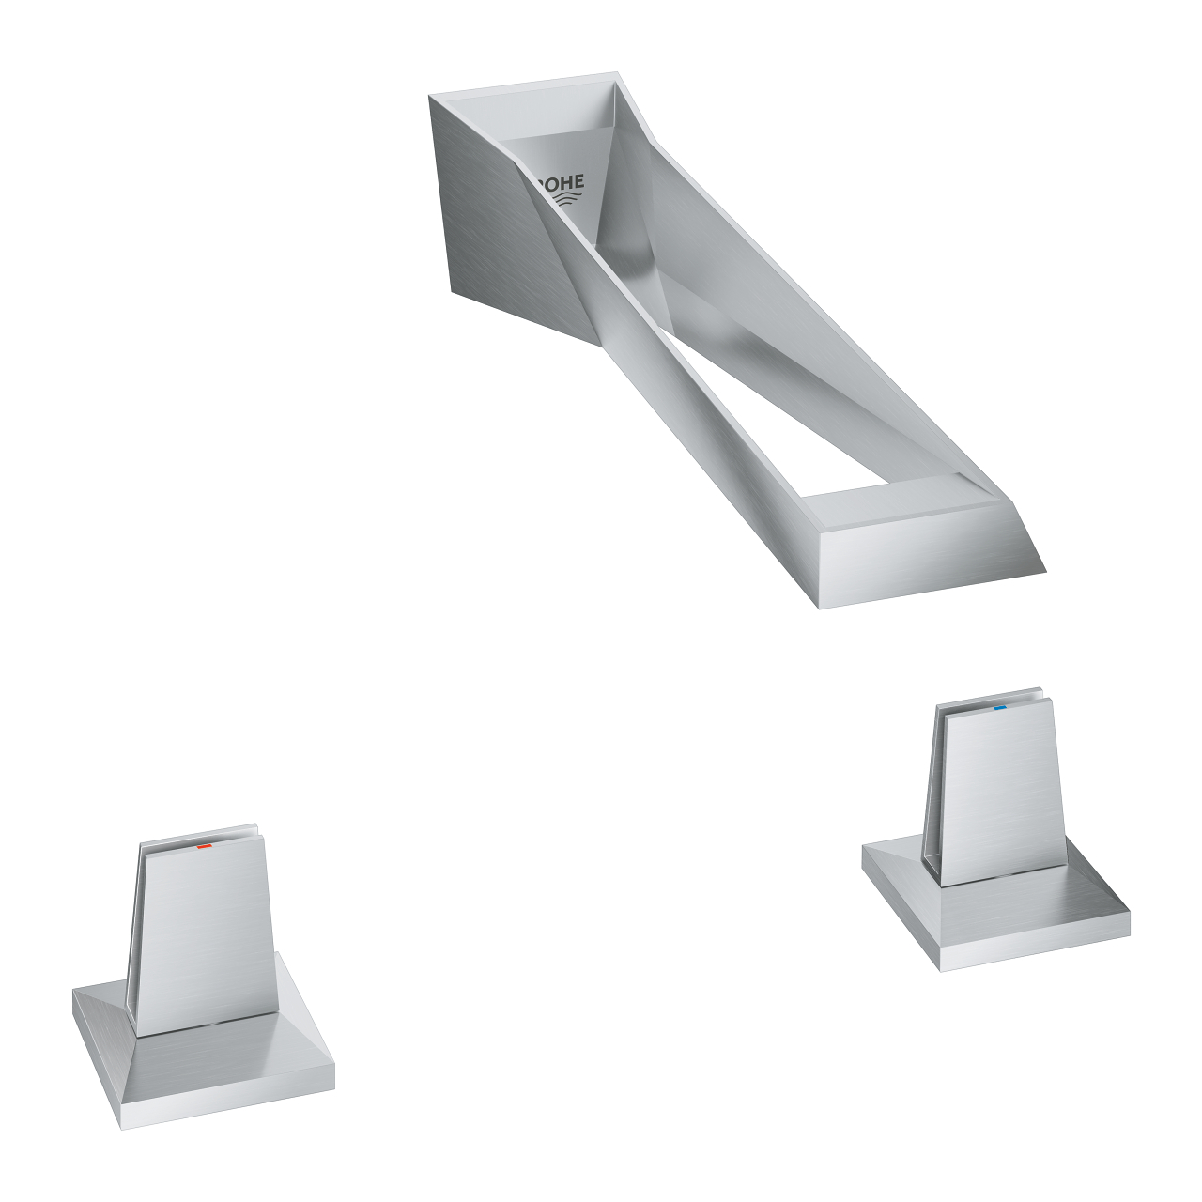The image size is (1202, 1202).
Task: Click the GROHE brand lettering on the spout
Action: pos(560,182)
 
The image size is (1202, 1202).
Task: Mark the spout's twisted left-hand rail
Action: pos(657,376)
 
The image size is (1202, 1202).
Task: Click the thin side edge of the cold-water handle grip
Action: pos(931,789)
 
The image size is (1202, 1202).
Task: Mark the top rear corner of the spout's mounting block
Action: pos(430,96)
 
